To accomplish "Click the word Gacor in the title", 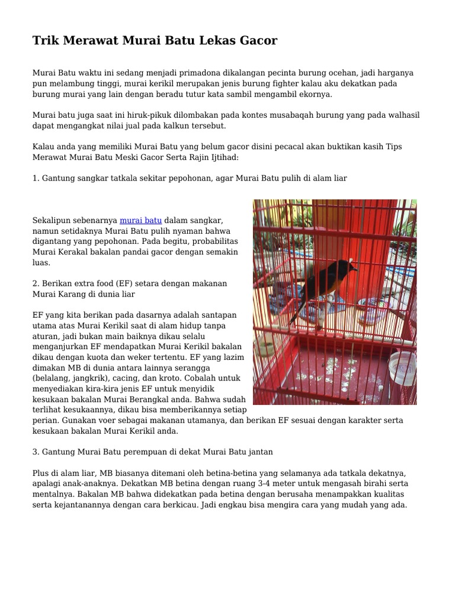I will [258, 41].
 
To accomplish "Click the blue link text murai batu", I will [141, 220].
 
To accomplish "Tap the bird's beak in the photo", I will [354, 267].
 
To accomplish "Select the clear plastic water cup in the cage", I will [402, 368].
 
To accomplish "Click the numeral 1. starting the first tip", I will [36, 178].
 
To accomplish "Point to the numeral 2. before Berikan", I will [36, 283].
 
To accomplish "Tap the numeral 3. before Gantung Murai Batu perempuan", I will [36, 452].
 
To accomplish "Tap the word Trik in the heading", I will [45, 41].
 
